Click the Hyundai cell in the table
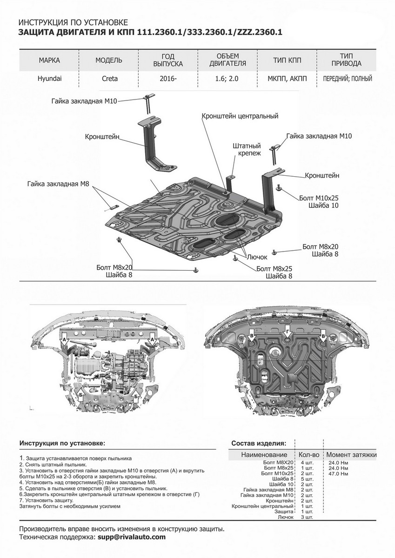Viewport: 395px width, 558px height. click(49, 79)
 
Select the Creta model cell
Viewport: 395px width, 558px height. click(109, 79)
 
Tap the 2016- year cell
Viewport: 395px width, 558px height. click(168, 79)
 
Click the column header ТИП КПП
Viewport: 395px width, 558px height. click(288, 60)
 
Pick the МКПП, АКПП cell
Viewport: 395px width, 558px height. click(288, 79)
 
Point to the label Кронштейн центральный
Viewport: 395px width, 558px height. click(240, 116)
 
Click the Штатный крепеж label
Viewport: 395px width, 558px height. click(246, 149)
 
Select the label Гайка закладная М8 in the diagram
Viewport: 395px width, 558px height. click(58, 184)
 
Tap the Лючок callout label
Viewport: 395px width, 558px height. click(254, 256)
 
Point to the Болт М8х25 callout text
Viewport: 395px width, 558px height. click(274, 269)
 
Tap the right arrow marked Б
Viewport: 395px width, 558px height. click(137, 396)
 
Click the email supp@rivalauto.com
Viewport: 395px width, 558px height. click(131, 537)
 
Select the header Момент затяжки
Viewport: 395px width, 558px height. click(351, 454)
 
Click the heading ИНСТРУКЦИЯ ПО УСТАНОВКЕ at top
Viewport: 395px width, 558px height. click(72, 22)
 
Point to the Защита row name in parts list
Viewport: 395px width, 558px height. click(285, 511)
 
